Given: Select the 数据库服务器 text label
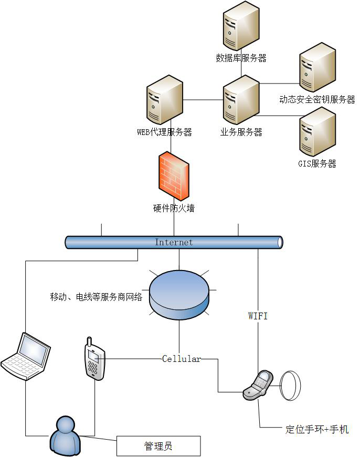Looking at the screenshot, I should [x=241, y=58].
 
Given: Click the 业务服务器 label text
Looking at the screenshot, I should [x=241, y=132].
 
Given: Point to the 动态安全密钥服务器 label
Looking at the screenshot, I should [x=317, y=99].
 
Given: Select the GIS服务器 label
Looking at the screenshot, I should [x=317, y=163].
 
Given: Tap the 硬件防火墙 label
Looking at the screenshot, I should [x=174, y=209].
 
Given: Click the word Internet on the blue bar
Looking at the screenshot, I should [x=174, y=242].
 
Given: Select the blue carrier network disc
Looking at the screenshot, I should [x=179, y=294].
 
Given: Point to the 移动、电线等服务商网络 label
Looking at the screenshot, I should [x=96, y=297].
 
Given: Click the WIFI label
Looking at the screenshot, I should [x=258, y=316].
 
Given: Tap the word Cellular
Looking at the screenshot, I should [x=181, y=359].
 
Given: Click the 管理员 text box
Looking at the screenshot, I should [x=158, y=446].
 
